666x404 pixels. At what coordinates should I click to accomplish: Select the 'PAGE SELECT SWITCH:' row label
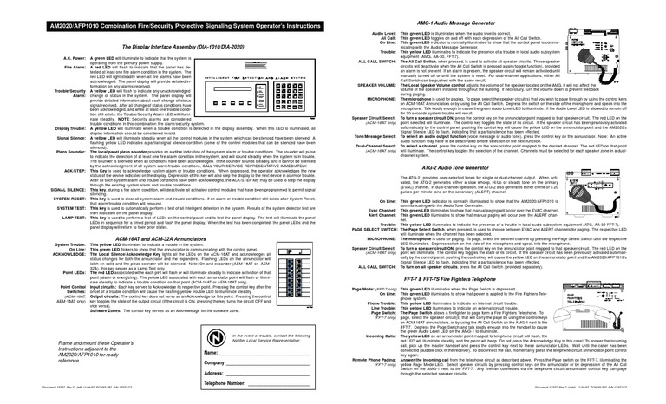tap(367, 227)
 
